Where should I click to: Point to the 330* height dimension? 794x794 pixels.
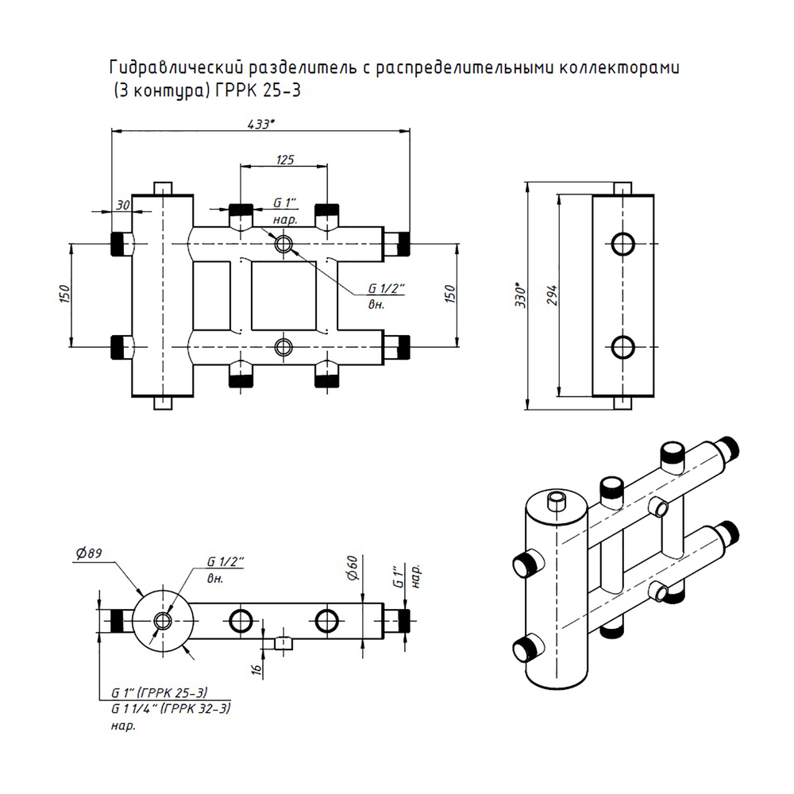tap(521, 295)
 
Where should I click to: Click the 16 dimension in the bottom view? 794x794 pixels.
tap(256, 669)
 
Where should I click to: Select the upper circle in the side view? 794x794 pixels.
tap(623, 244)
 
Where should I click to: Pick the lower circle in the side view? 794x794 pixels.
tap(623, 347)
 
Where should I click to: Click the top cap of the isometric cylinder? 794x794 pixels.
tap(555, 505)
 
